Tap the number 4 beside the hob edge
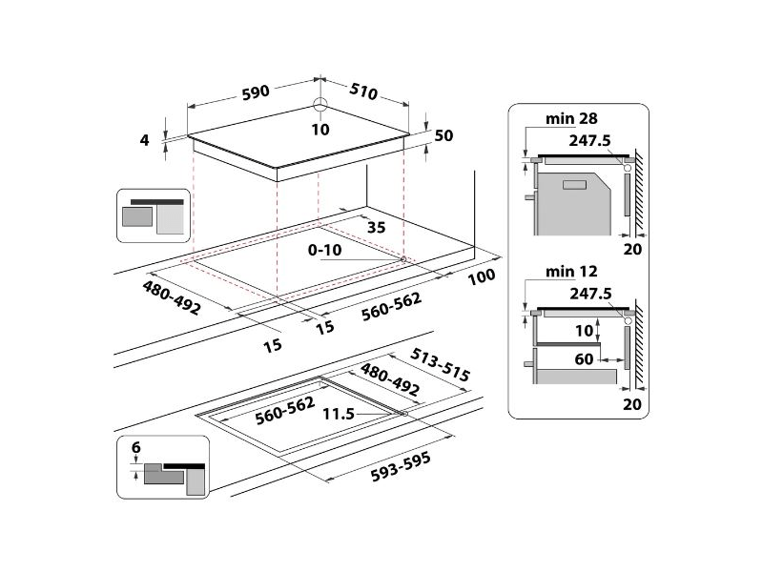tap(145, 140)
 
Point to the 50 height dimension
tap(443, 135)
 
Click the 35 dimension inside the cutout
tap(375, 227)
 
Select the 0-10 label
tap(325, 250)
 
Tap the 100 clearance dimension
tap(483, 277)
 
